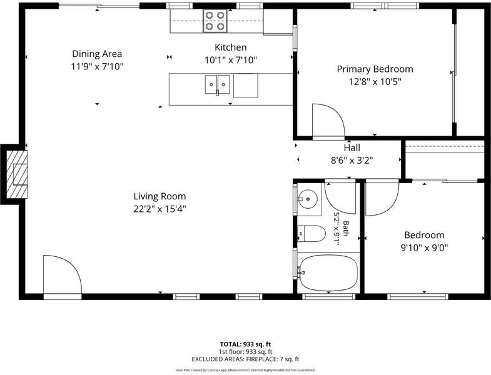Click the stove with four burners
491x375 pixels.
[x=215, y=21]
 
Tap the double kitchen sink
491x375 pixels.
[x=217, y=84]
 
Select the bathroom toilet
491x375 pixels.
[x=311, y=234]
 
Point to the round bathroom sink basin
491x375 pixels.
[x=308, y=199]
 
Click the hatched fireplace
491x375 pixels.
[x=17, y=174]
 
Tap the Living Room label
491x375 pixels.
[x=159, y=196]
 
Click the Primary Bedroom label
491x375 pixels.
[x=375, y=69]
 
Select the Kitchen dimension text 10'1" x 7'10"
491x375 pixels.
[x=231, y=60]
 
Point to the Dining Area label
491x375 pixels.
[x=97, y=54]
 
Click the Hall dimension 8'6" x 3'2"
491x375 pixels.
[x=352, y=161]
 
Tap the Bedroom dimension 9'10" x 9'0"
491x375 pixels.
[x=424, y=248]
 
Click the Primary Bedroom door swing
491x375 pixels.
[x=328, y=121]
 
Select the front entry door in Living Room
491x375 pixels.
[x=63, y=274]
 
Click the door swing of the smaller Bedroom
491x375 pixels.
[x=382, y=198]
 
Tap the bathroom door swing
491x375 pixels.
[x=340, y=198]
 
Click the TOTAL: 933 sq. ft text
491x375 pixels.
[x=245, y=344]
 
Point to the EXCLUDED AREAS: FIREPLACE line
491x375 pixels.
[x=245, y=359]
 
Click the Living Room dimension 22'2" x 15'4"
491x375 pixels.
[x=159, y=209]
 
